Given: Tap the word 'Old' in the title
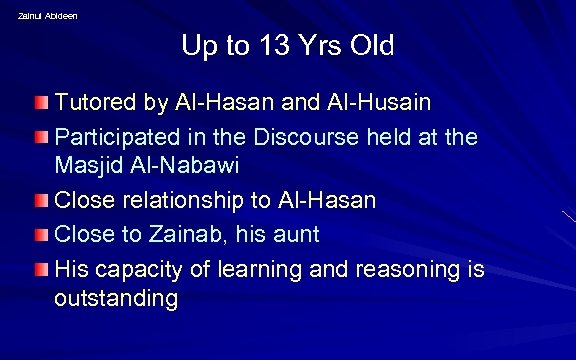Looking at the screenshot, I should (369, 46).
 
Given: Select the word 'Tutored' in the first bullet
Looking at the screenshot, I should (94, 104).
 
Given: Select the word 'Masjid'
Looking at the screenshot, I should (88, 168).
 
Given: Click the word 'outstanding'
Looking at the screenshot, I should (116, 299).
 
